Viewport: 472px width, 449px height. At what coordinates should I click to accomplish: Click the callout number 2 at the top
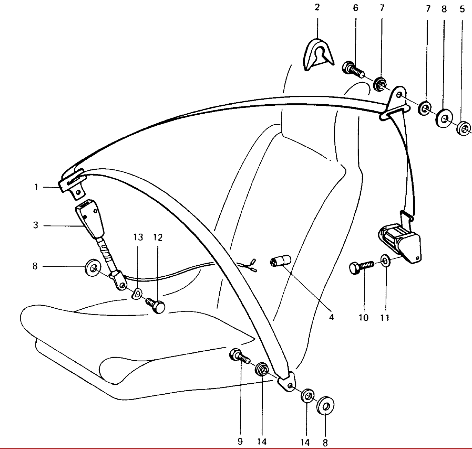coord(317,7)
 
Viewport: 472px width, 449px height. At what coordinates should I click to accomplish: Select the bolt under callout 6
coord(353,69)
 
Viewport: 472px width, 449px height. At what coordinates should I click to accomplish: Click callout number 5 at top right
coord(462,9)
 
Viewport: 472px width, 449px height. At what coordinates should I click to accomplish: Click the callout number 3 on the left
coord(35,225)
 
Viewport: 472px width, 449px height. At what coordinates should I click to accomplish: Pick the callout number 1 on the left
coord(36,187)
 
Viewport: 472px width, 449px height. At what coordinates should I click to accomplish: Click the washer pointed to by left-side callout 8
coord(93,268)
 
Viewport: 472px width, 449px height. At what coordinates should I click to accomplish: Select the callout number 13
coord(138,237)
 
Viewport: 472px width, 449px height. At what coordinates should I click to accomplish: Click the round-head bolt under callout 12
coord(156,305)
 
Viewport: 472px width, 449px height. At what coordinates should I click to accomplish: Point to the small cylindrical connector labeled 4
coord(280,261)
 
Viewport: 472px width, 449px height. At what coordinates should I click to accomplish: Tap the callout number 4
coord(332,317)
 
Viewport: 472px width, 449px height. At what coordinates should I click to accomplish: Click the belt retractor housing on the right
coord(400,243)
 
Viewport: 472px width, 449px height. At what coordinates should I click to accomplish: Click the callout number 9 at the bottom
coord(240,442)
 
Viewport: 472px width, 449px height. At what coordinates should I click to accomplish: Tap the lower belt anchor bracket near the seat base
coord(287,382)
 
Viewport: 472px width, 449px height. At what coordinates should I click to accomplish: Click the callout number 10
coord(364,318)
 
